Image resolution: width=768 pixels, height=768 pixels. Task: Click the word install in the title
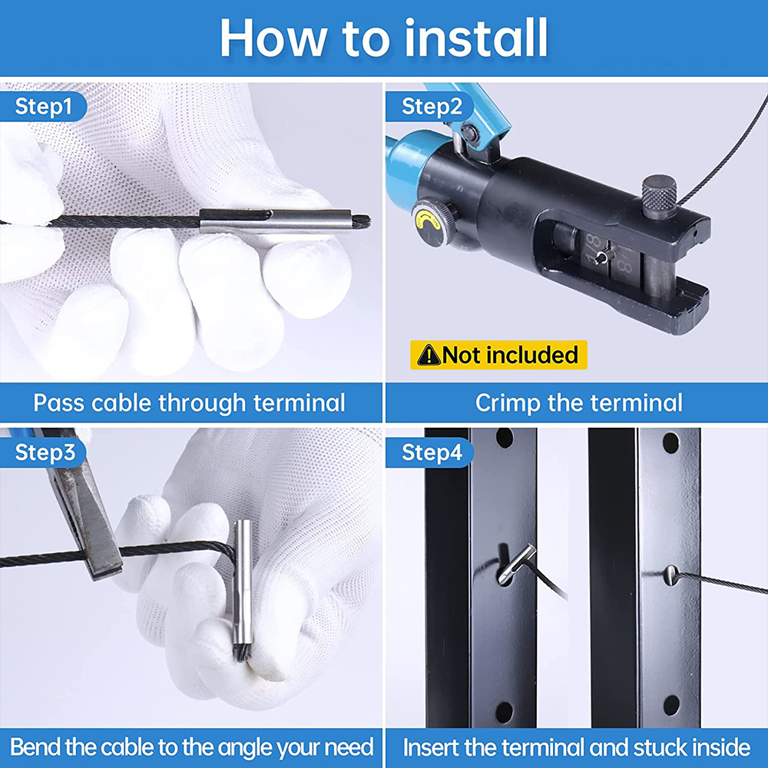point(476,38)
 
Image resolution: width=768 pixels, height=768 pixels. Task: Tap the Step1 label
point(43,106)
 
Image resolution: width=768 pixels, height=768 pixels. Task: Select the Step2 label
point(430,106)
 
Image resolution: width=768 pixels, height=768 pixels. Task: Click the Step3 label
point(43,452)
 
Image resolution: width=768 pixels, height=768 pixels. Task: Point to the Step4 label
point(430,452)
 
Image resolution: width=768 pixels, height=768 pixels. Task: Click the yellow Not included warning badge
point(498,355)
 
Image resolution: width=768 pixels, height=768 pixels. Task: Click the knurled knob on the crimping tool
point(659,197)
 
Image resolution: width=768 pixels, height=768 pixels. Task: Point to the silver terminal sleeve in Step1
point(276,221)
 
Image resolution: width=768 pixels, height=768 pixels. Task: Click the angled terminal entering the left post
point(517,564)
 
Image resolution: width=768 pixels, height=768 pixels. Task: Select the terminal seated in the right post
point(671,574)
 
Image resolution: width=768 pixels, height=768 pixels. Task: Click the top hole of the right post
point(670,442)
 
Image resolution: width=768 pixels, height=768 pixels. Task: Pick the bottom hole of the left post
point(504,713)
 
